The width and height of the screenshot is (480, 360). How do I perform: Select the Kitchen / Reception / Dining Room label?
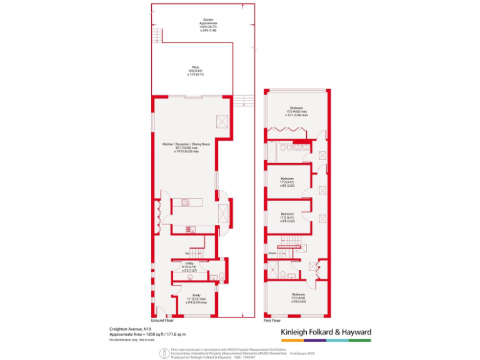click(181, 148)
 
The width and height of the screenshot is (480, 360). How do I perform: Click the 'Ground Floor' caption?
click(162, 319)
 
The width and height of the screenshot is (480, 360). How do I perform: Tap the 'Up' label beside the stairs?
click(187, 253)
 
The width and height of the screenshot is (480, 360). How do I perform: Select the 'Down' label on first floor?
click(272, 252)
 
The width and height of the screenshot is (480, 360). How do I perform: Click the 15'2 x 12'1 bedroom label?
click(296, 112)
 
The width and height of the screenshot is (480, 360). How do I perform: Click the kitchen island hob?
click(186, 202)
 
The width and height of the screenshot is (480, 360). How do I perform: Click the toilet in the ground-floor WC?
click(214, 277)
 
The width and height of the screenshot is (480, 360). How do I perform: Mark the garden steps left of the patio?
click(157, 36)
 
